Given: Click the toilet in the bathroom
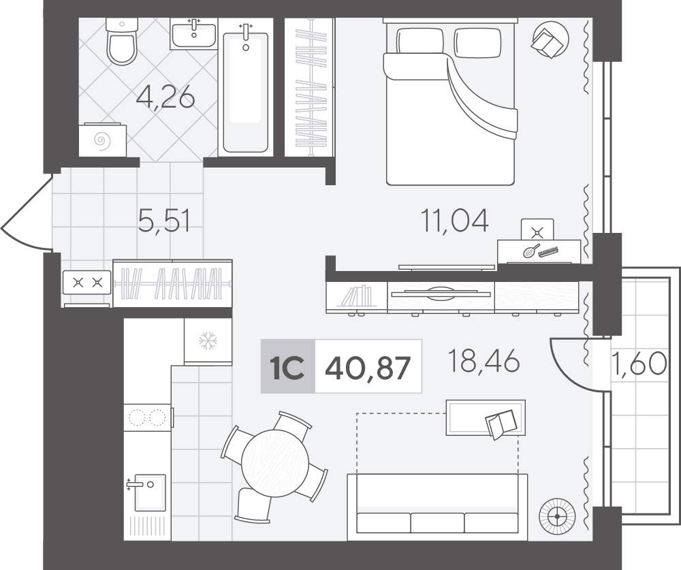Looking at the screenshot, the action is [121, 42].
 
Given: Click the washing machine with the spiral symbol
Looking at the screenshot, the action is [103, 140].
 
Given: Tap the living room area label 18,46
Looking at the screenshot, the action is [483, 361].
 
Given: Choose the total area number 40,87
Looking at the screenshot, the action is [368, 368].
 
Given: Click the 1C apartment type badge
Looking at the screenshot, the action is [287, 367].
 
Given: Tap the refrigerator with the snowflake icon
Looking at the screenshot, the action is [208, 341].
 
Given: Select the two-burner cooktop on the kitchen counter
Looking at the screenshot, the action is [148, 417].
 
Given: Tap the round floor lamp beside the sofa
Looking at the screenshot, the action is [556, 516].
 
